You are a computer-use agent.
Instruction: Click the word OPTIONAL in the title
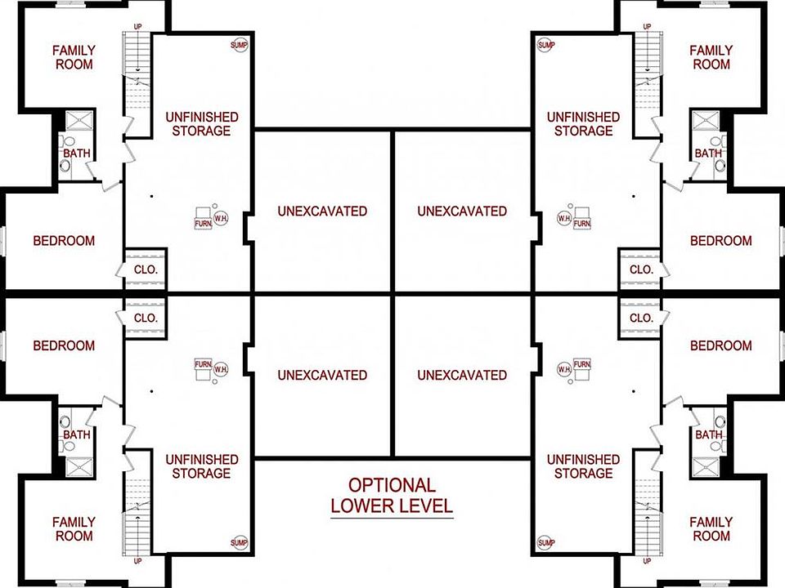coord(392,486)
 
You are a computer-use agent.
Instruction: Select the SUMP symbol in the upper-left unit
coord(239,44)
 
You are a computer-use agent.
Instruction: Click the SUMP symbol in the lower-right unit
coord(546,542)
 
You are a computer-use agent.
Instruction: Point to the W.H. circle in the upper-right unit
coord(564,219)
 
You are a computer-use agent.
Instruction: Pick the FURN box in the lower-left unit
coord(203,365)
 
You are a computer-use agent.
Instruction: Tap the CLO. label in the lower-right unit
coord(641,318)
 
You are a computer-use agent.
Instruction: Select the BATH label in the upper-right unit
coord(708,153)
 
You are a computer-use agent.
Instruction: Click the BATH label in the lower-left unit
coord(77,435)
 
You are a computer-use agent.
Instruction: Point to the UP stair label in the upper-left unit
coord(137,27)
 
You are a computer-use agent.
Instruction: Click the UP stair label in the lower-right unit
coord(648,561)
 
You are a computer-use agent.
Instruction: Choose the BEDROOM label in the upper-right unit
coord(720,241)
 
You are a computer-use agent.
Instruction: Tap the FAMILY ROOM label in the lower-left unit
coord(74,528)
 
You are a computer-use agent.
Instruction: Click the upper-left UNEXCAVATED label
coord(322,211)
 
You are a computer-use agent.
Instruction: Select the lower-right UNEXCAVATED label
coord(462,375)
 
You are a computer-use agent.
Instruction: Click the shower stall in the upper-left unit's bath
coord(79,121)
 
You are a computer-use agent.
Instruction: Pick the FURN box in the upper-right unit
coord(582,220)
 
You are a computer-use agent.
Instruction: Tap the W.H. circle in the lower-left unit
coord(220,369)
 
